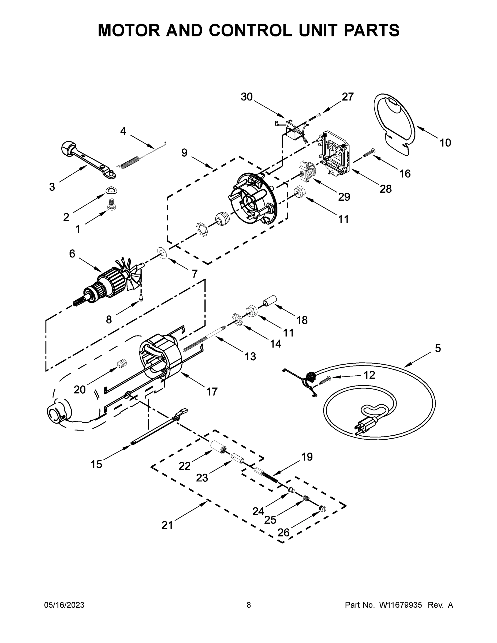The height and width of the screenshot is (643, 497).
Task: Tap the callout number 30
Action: pos(247,97)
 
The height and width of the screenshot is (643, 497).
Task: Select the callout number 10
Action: pos(445,143)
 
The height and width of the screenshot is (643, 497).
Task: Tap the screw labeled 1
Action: pos(111,204)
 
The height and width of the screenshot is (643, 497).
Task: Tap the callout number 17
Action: pos(212,392)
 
